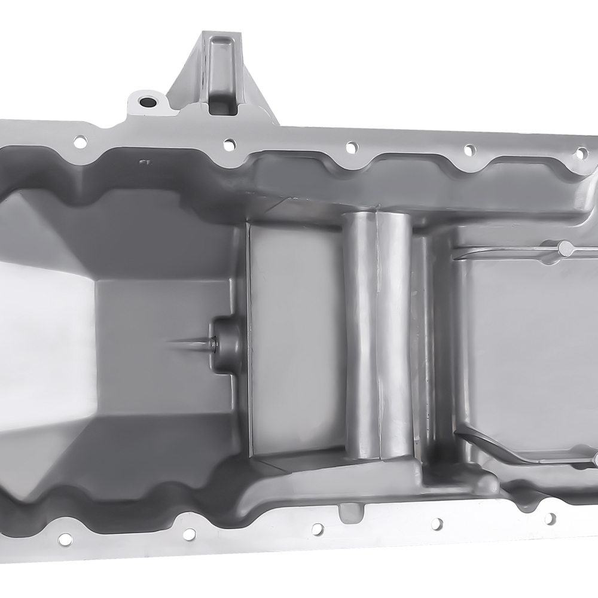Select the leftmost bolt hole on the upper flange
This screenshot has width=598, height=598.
pos(80,141)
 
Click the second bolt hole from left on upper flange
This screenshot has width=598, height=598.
pos(229,144)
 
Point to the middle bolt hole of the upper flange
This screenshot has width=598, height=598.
pos(352,147)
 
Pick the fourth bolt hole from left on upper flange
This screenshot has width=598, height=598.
pos(470,149)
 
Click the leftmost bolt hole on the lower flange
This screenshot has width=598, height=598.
pos(65,539)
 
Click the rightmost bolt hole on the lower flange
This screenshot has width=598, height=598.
pos(550,518)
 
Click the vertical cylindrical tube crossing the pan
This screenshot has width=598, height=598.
pos(378,335)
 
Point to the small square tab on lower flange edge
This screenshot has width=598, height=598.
pos(349,510)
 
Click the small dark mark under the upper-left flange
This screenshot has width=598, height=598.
pos(144,161)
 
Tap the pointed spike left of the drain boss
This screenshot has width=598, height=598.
pos(185,343)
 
